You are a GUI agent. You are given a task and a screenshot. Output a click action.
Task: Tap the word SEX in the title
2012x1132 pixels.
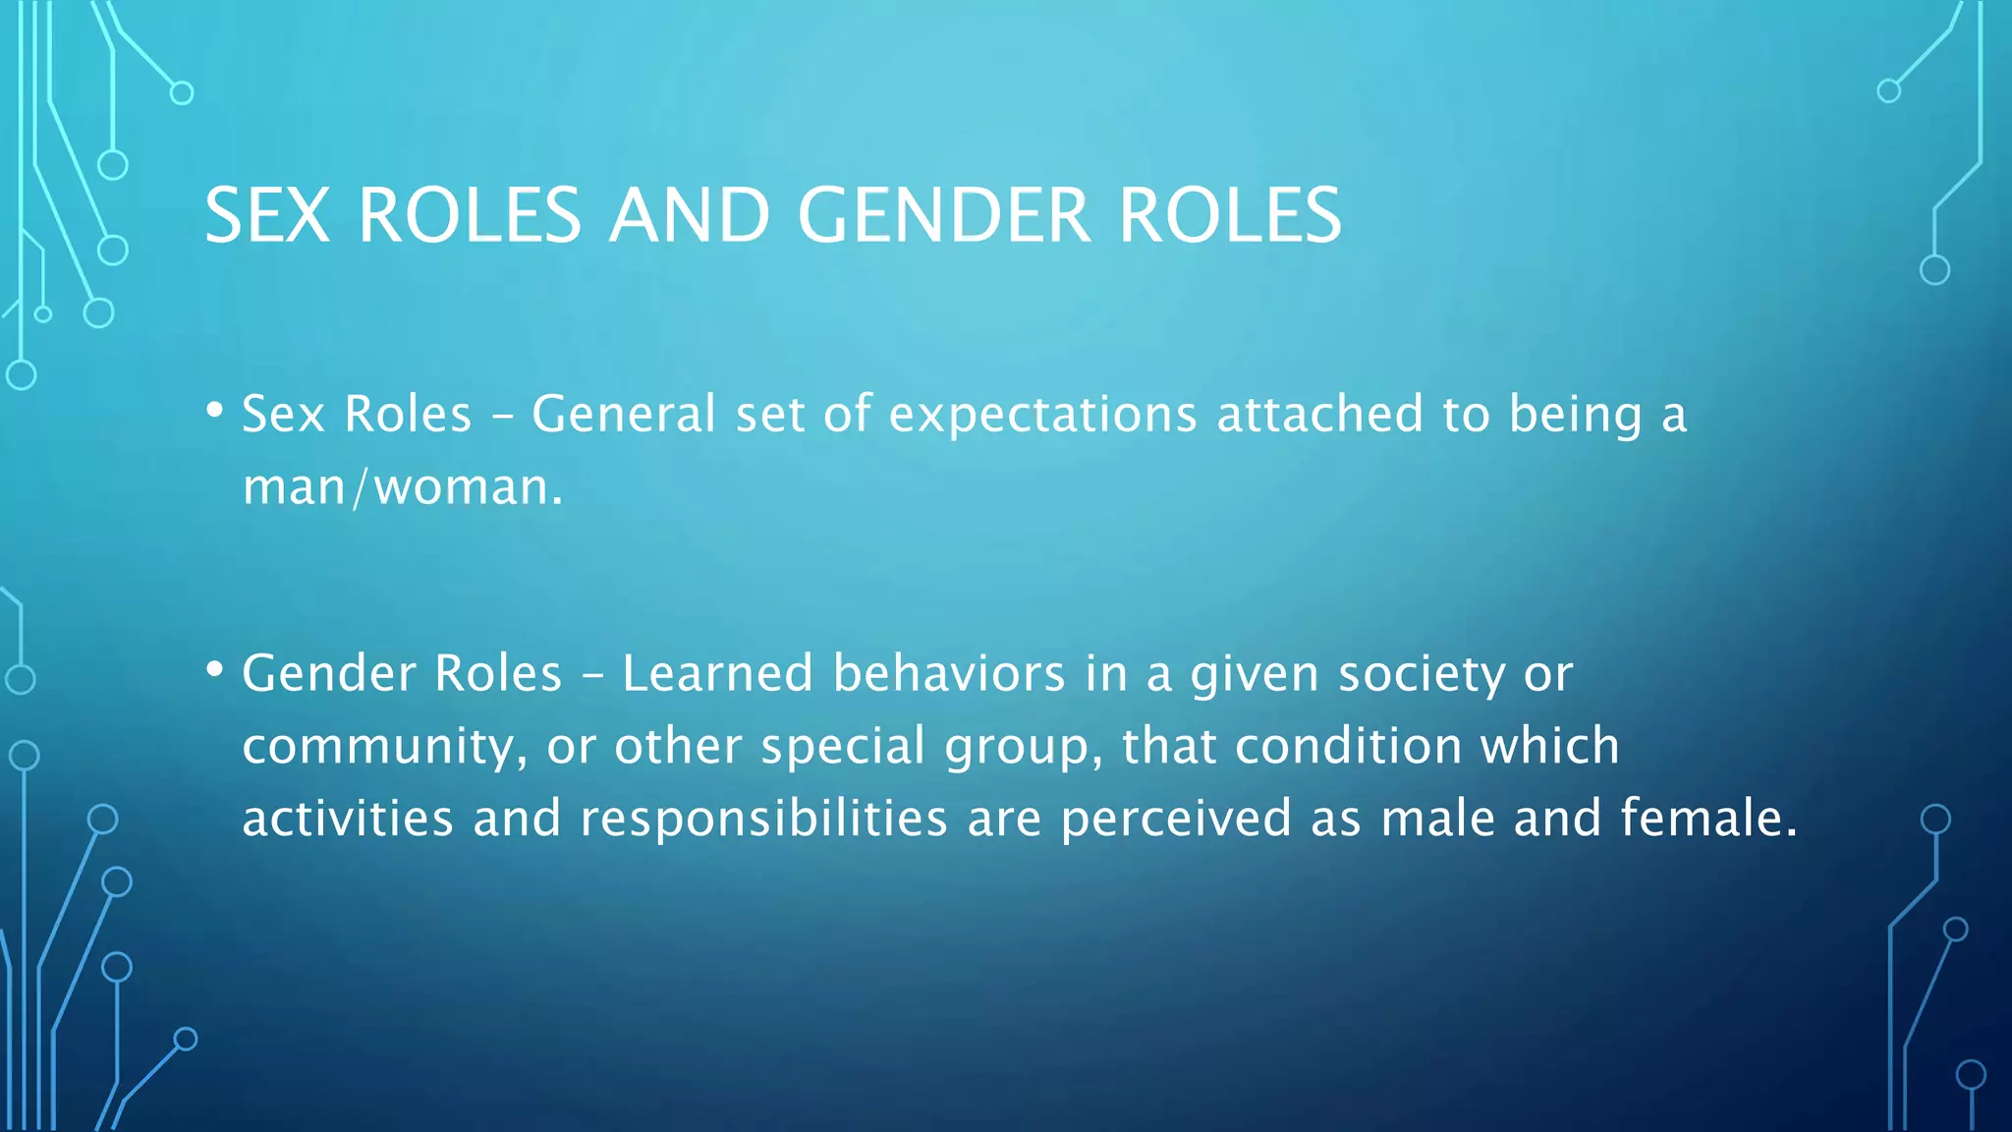[267, 215]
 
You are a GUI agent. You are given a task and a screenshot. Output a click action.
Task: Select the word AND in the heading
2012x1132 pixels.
[690, 215]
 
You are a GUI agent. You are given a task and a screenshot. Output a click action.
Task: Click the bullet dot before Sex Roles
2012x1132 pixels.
[215, 410]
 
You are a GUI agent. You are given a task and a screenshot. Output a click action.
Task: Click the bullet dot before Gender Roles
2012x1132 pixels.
[215, 669]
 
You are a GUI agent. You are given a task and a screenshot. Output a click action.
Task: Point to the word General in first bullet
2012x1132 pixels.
[623, 414]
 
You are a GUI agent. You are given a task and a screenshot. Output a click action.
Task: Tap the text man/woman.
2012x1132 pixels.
[403, 486]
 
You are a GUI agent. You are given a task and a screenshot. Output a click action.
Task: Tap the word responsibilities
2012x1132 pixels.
[763, 819]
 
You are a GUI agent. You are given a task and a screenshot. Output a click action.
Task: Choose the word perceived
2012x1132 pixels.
[1176, 819]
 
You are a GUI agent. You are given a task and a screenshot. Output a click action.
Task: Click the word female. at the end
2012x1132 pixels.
[1708, 818]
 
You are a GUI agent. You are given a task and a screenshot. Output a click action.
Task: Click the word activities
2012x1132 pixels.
[348, 819]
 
